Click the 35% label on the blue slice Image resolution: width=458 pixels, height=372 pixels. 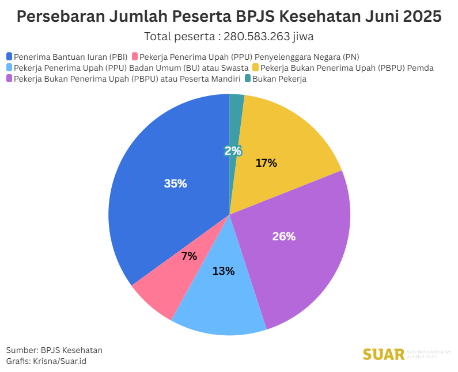pyautogui.click(x=175, y=183)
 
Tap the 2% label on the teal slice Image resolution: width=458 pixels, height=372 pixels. pyautogui.click(x=233, y=151)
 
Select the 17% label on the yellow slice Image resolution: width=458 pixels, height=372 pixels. pyautogui.click(x=266, y=163)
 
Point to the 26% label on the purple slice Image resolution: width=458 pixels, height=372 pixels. pyautogui.click(x=283, y=236)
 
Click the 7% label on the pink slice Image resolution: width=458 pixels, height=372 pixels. pyautogui.click(x=189, y=256)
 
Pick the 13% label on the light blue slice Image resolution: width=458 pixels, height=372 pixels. pyautogui.click(x=223, y=271)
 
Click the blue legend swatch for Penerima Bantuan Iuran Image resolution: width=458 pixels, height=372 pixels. pyautogui.click(x=9, y=56)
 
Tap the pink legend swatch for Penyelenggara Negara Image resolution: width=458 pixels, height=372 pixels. pyautogui.click(x=135, y=56)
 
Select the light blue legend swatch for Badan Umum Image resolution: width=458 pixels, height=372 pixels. pyautogui.click(x=9, y=67)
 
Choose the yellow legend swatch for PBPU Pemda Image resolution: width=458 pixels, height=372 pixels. pyautogui.click(x=256, y=67)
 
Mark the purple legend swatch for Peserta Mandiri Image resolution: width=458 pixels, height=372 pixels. pyautogui.click(x=9, y=78)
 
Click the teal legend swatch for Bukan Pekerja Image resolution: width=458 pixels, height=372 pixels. pyautogui.click(x=247, y=78)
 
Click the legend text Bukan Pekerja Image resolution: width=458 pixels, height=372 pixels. pyautogui.click(x=279, y=79)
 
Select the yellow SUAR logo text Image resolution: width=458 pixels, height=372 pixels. pyautogui.click(x=384, y=354)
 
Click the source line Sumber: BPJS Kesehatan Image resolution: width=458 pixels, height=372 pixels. pyautogui.click(x=54, y=350)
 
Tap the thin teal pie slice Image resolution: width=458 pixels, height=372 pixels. pyautogui.click(x=236, y=115)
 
